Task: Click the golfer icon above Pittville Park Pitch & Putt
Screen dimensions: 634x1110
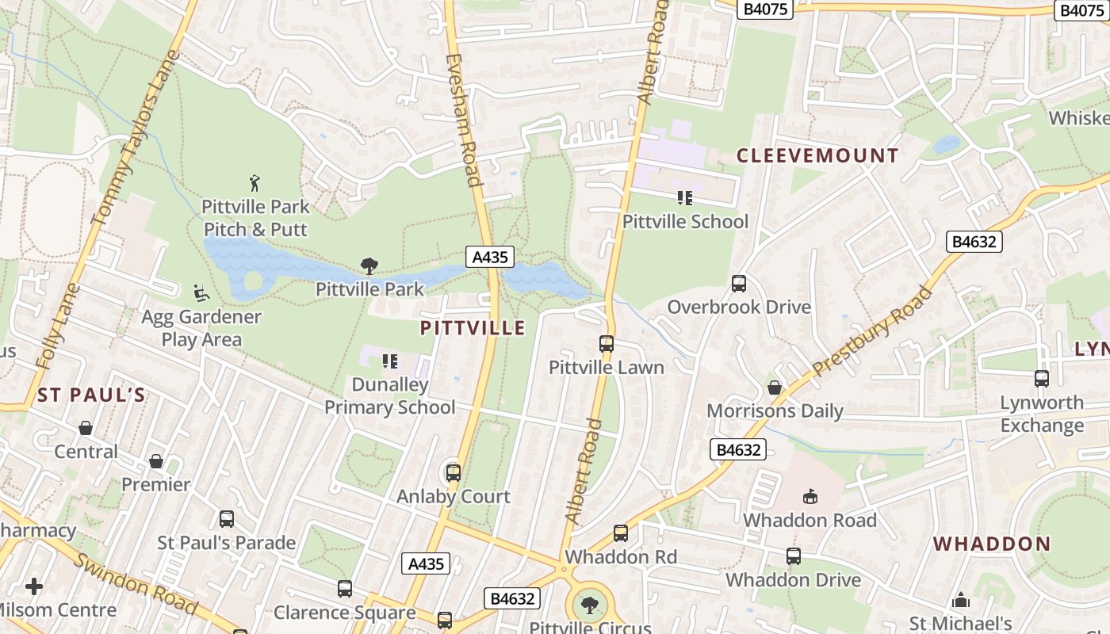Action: click(x=255, y=183)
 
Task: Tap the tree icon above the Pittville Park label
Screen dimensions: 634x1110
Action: click(x=369, y=266)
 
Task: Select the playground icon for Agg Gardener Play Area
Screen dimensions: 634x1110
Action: click(x=201, y=293)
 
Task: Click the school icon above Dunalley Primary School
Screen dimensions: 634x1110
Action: click(x=390, y=361)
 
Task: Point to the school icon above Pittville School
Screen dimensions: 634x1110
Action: click(x=685, y=198)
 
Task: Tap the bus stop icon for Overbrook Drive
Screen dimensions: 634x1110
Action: click(x=739, y=284)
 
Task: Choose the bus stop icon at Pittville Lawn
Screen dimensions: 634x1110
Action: click(x=607, y=344)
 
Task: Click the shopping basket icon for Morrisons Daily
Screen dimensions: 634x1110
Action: click(x=775, y=388)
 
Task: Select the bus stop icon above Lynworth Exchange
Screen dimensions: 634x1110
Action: click(x=1042, y=379)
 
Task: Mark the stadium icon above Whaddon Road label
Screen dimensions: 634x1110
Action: click(x=810, y=497)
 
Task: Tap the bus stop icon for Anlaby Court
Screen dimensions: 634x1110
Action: click(x=454, y=473)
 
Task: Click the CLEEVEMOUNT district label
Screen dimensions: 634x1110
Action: click(x=817, y=155)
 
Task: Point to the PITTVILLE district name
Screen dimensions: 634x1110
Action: click(x=473, y=328)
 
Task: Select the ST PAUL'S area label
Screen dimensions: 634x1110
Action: click(x=91, y=395)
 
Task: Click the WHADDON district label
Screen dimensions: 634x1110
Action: click(x=991, y=544)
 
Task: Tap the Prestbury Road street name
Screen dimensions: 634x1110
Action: click(x=873, y=331)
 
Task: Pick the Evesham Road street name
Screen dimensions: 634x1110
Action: click(x=465, y=120)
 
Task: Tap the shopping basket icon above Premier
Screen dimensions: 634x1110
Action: click(x=156, y=461)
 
